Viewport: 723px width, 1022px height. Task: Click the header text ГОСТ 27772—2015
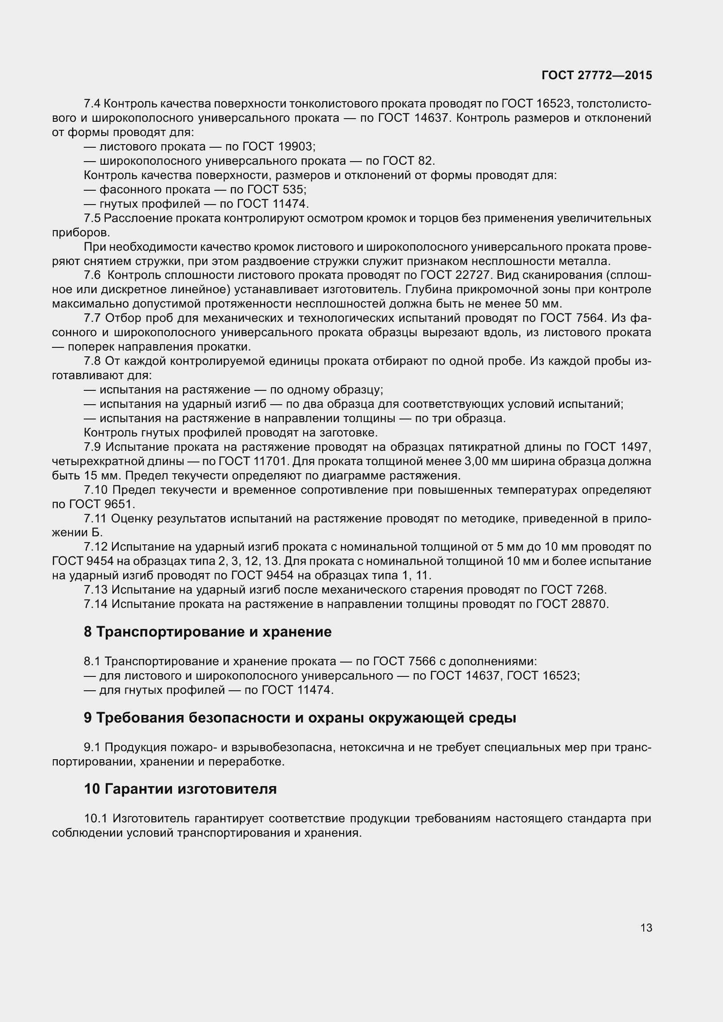point(597,75)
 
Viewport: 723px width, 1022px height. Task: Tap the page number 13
point(646,928)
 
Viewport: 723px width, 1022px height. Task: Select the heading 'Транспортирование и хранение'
point(208,632)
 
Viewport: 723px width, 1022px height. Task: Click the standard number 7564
point(590,318)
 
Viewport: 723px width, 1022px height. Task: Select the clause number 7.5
point(93,218)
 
